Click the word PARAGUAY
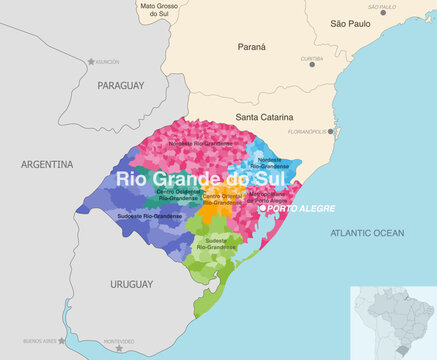click(123, 88)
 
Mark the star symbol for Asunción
click(91, 62)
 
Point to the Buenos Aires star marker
click(63, 340)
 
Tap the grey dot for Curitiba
click(311, 64)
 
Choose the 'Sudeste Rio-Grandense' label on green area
click(217, 243)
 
